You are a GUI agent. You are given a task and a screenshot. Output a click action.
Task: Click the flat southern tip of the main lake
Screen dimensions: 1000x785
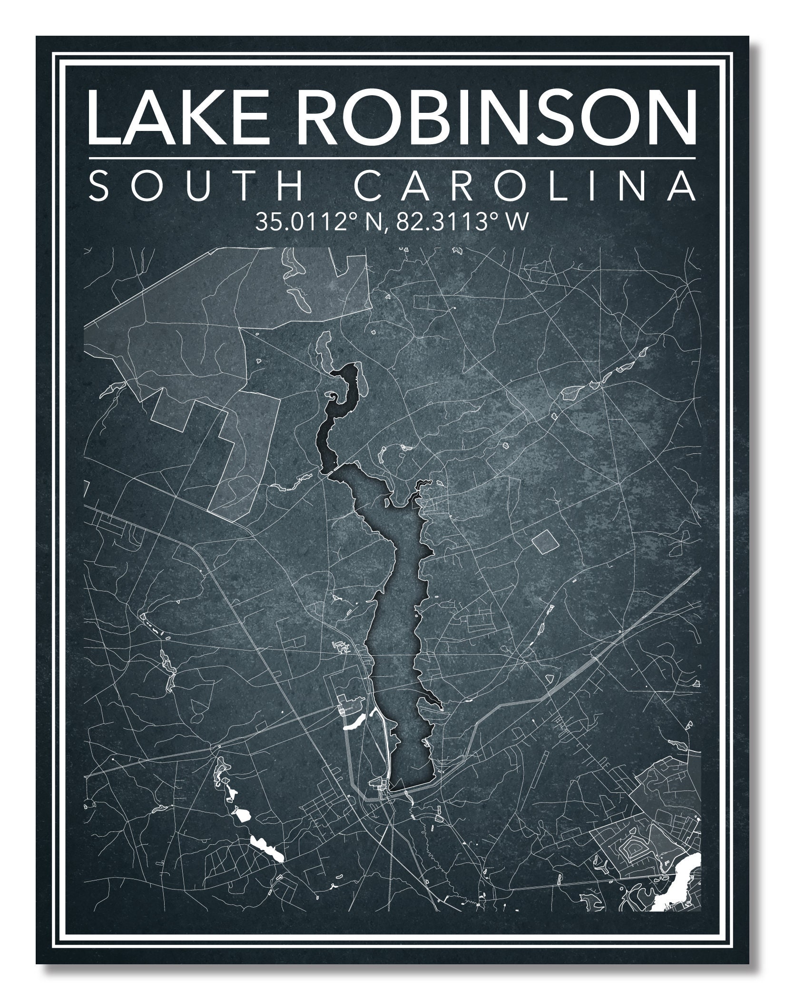[x=412, y=784]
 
